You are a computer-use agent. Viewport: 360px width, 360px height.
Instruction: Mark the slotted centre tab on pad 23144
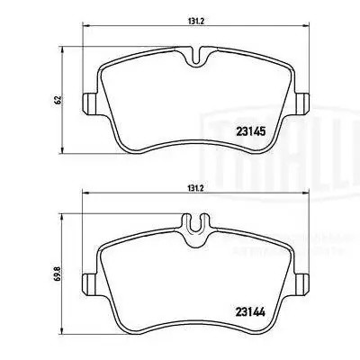pyautogui.click(x=194, y=223)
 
